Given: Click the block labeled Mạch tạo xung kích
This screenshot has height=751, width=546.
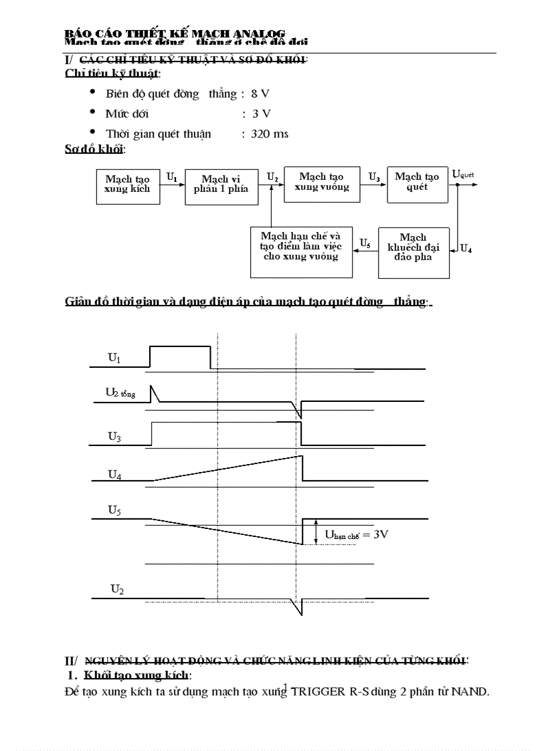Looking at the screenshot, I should (x=127, y=185).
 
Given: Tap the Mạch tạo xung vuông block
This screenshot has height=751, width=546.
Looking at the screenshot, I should (x=322, y=183).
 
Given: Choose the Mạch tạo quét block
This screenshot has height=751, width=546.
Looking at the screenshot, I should (x=417, y=183).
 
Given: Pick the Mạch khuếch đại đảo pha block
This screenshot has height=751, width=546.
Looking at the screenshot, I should (x=414, y=252).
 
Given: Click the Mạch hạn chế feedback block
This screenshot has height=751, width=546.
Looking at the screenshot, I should (x=300, y=252).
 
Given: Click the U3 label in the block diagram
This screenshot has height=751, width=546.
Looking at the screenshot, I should (x=374, y=177).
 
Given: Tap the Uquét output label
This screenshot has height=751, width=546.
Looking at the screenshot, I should (x=463, y=175).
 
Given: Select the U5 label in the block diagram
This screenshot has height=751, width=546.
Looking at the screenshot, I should (x=365, y=242).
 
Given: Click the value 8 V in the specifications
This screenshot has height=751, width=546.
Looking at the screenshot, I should (x=260, y=94).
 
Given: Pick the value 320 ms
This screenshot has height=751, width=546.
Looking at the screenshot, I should (x=270, y=134).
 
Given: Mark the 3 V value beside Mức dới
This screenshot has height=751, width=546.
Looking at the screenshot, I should (x=261, y=114).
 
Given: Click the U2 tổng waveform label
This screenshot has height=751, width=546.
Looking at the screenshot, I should (x=120, y=393).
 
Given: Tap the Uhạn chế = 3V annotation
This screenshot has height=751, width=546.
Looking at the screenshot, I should (x=357, y=534).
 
